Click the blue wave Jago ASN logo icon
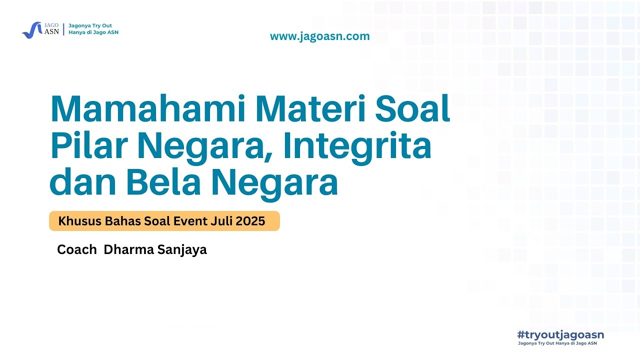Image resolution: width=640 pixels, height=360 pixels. coord(31,29)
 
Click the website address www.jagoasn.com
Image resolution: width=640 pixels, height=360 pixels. coord(319,36)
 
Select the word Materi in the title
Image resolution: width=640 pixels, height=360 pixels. coord(309,109)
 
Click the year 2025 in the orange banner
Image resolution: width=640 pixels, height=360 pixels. coord(250,221)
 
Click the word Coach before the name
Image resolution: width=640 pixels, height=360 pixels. coord(76,249)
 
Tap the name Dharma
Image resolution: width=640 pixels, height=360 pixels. coord(128,249)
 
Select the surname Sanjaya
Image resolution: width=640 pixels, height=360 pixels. coord(182,249)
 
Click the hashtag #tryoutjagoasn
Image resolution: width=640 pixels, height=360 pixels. coord(560,334)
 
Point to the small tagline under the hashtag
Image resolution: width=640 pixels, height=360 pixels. coord(557,343)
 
